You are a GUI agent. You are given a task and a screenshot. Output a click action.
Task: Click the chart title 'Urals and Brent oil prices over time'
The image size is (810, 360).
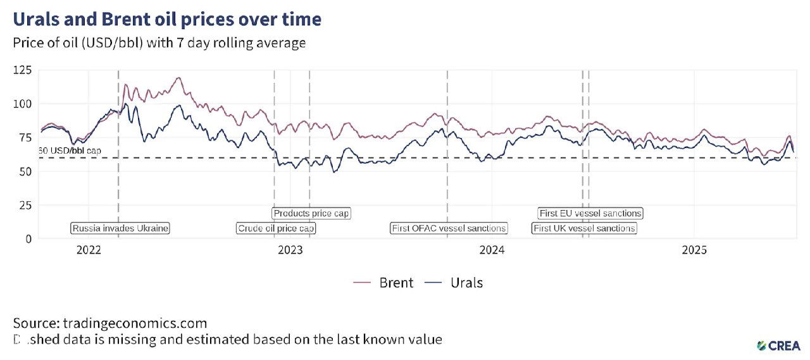[167, 20]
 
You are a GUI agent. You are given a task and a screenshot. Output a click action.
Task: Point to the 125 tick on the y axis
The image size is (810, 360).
[22, 70]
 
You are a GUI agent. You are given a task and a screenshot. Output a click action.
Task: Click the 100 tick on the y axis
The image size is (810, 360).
[22, 103]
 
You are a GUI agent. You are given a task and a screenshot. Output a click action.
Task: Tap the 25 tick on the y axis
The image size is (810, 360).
[25, 205]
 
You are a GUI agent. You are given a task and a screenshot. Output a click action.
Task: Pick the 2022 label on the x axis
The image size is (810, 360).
[89, 250]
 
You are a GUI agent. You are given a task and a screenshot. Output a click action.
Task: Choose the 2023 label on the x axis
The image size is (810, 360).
[290, 250]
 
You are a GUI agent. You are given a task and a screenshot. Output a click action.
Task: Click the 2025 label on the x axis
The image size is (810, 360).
[694, 250]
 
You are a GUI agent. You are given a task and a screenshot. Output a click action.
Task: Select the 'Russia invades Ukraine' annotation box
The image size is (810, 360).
[120, 228]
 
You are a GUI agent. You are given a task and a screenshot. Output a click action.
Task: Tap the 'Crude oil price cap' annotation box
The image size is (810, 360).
[276, 228]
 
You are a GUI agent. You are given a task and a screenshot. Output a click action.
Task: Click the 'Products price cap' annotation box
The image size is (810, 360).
[311, 213]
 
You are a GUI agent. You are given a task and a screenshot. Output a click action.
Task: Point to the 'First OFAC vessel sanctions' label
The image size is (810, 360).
[449, 228]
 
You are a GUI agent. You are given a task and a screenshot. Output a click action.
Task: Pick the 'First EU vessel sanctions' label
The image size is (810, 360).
[590, 213]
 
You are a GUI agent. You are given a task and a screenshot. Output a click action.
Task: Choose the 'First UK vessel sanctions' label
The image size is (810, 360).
[584, 228]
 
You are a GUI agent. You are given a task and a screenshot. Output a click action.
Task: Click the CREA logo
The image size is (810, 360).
[778, 345]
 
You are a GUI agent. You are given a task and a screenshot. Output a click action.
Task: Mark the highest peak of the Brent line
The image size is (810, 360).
[179, 78]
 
